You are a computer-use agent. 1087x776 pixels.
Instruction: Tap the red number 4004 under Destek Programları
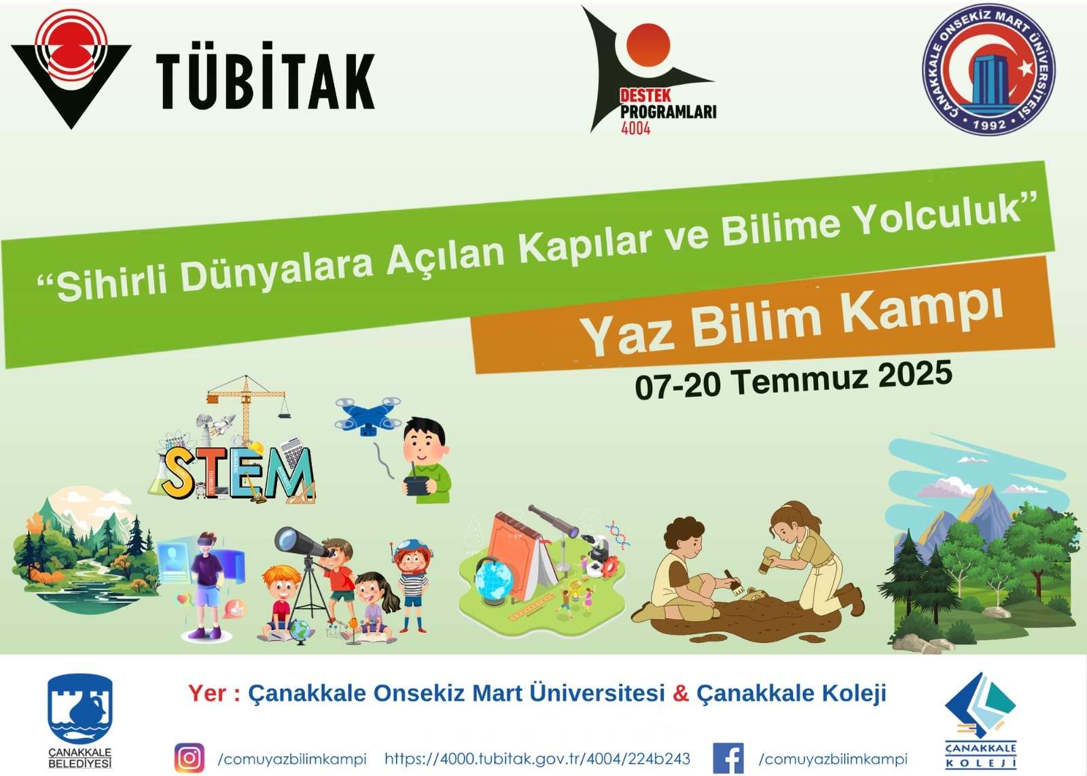[636, 128]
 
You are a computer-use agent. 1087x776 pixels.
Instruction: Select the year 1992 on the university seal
[990, 125]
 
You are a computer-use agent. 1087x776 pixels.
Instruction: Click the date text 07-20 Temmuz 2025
[794, 381]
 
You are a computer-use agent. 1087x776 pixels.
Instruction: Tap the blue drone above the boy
[368, 417]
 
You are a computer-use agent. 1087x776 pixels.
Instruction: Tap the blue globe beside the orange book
[494, 582]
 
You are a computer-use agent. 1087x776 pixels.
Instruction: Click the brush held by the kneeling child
[734, 583]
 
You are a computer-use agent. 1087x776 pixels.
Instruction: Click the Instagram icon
[190, 758]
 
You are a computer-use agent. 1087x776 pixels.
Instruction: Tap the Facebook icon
[728, 758]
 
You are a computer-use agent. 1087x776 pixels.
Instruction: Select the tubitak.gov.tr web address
[537, 758]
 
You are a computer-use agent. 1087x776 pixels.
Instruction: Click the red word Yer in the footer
[207, 693]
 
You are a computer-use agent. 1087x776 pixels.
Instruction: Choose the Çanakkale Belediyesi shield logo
[80, 708]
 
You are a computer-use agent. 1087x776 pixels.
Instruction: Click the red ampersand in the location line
[681, 693]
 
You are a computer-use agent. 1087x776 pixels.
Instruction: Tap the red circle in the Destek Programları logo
[648, 45]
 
